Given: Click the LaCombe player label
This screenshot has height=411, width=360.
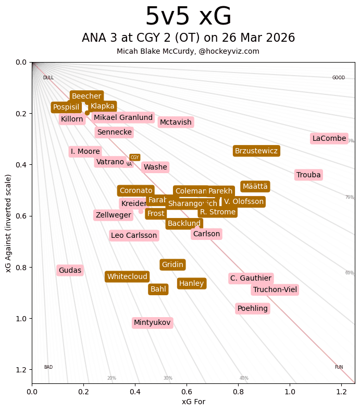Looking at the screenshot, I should [329, 138].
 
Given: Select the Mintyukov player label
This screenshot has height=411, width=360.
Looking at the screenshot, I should [152, 323].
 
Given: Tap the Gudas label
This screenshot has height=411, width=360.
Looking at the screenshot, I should [70, 270].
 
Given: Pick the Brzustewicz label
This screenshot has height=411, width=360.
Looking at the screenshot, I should [256, 151].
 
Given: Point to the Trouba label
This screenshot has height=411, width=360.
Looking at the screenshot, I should [308, 175].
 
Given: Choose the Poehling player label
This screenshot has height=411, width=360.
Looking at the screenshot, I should [253, 309].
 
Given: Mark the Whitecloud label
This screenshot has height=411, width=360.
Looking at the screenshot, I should [127, 276].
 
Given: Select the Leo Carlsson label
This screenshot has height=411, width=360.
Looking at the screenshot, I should [134, 235].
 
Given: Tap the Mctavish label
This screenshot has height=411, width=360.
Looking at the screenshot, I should [176, 122].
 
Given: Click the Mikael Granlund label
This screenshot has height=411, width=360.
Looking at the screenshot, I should [123, 118].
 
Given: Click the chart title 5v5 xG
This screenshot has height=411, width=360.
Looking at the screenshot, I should [188, 17].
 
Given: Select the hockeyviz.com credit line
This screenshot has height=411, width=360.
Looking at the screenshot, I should [188, 51].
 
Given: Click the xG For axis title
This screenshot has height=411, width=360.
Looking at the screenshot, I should [193, 401].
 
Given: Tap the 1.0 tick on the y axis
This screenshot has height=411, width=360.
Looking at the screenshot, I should [20, 319].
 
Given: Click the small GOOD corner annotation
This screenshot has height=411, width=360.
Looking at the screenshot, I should [339, 78].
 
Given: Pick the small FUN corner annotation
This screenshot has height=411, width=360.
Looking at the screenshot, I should [339, 367].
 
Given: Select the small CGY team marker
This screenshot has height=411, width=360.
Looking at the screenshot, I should [135, 158].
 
